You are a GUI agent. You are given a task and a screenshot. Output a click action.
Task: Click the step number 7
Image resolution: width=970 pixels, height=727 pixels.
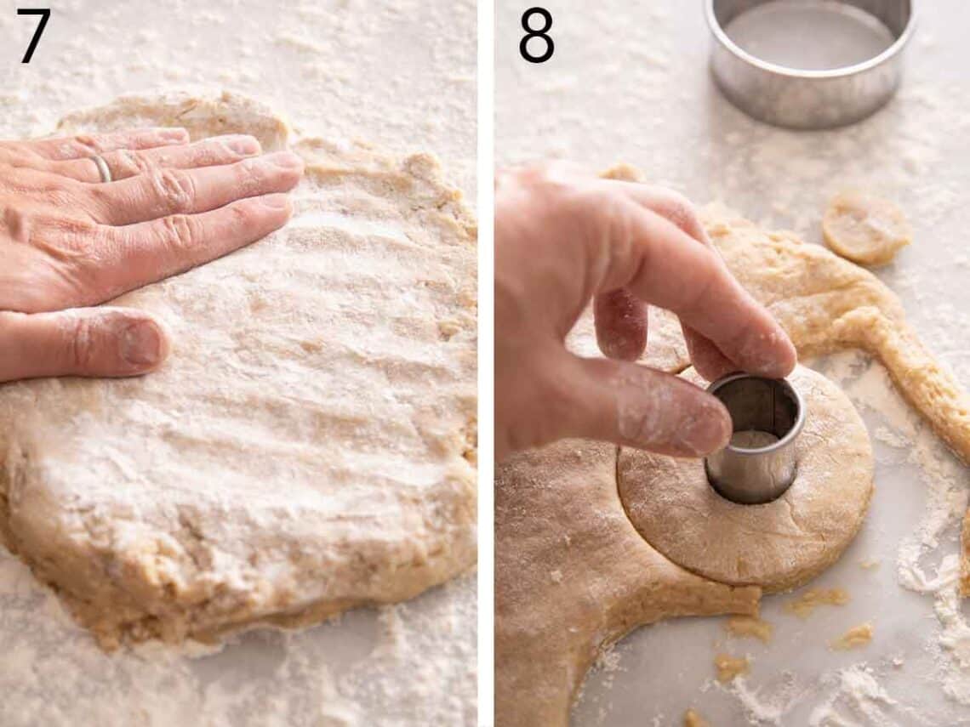[34, 36]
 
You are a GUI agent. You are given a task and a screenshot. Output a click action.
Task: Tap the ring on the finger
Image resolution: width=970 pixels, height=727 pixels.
[102, 168]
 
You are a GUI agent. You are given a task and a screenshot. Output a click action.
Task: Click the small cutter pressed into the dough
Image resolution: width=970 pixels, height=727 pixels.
[755, 438]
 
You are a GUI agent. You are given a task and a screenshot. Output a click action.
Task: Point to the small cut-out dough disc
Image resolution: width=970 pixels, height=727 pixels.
[866, 227]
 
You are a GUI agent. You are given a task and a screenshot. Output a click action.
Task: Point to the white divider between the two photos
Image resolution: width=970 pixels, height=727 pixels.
[486, 364]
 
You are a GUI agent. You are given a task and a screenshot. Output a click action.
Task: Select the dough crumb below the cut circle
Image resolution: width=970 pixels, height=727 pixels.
[853, 637]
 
